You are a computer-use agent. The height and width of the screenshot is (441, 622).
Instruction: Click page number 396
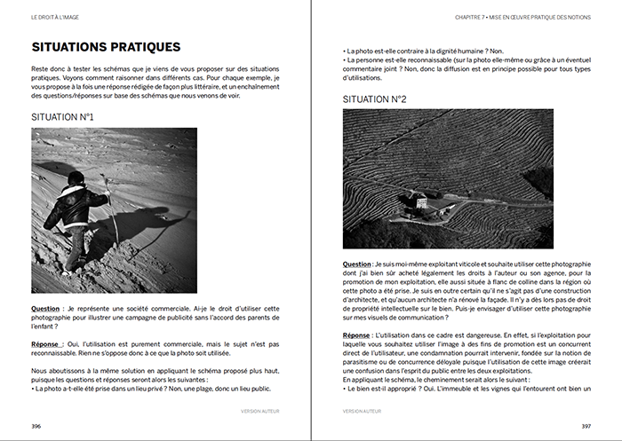(37, 425)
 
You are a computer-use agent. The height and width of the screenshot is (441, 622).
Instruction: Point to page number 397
(584, 425)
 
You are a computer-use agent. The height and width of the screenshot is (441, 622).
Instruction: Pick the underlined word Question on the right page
(359, 264)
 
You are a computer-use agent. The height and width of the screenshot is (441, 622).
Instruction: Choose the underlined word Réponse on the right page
(359, 335)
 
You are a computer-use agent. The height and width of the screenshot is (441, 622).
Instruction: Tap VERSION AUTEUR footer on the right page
(363, 411)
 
